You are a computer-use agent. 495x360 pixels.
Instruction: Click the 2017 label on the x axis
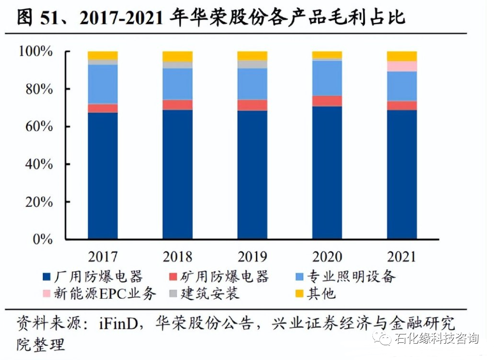103,257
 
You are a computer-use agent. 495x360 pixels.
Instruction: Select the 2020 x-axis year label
327,257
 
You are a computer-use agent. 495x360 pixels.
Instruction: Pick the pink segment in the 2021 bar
402,66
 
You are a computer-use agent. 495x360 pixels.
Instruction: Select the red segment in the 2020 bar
327,101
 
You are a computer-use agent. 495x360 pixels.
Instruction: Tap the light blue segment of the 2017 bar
103,84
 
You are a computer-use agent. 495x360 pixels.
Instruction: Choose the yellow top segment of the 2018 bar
177,56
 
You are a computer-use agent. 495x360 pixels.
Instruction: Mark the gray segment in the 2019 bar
252,64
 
